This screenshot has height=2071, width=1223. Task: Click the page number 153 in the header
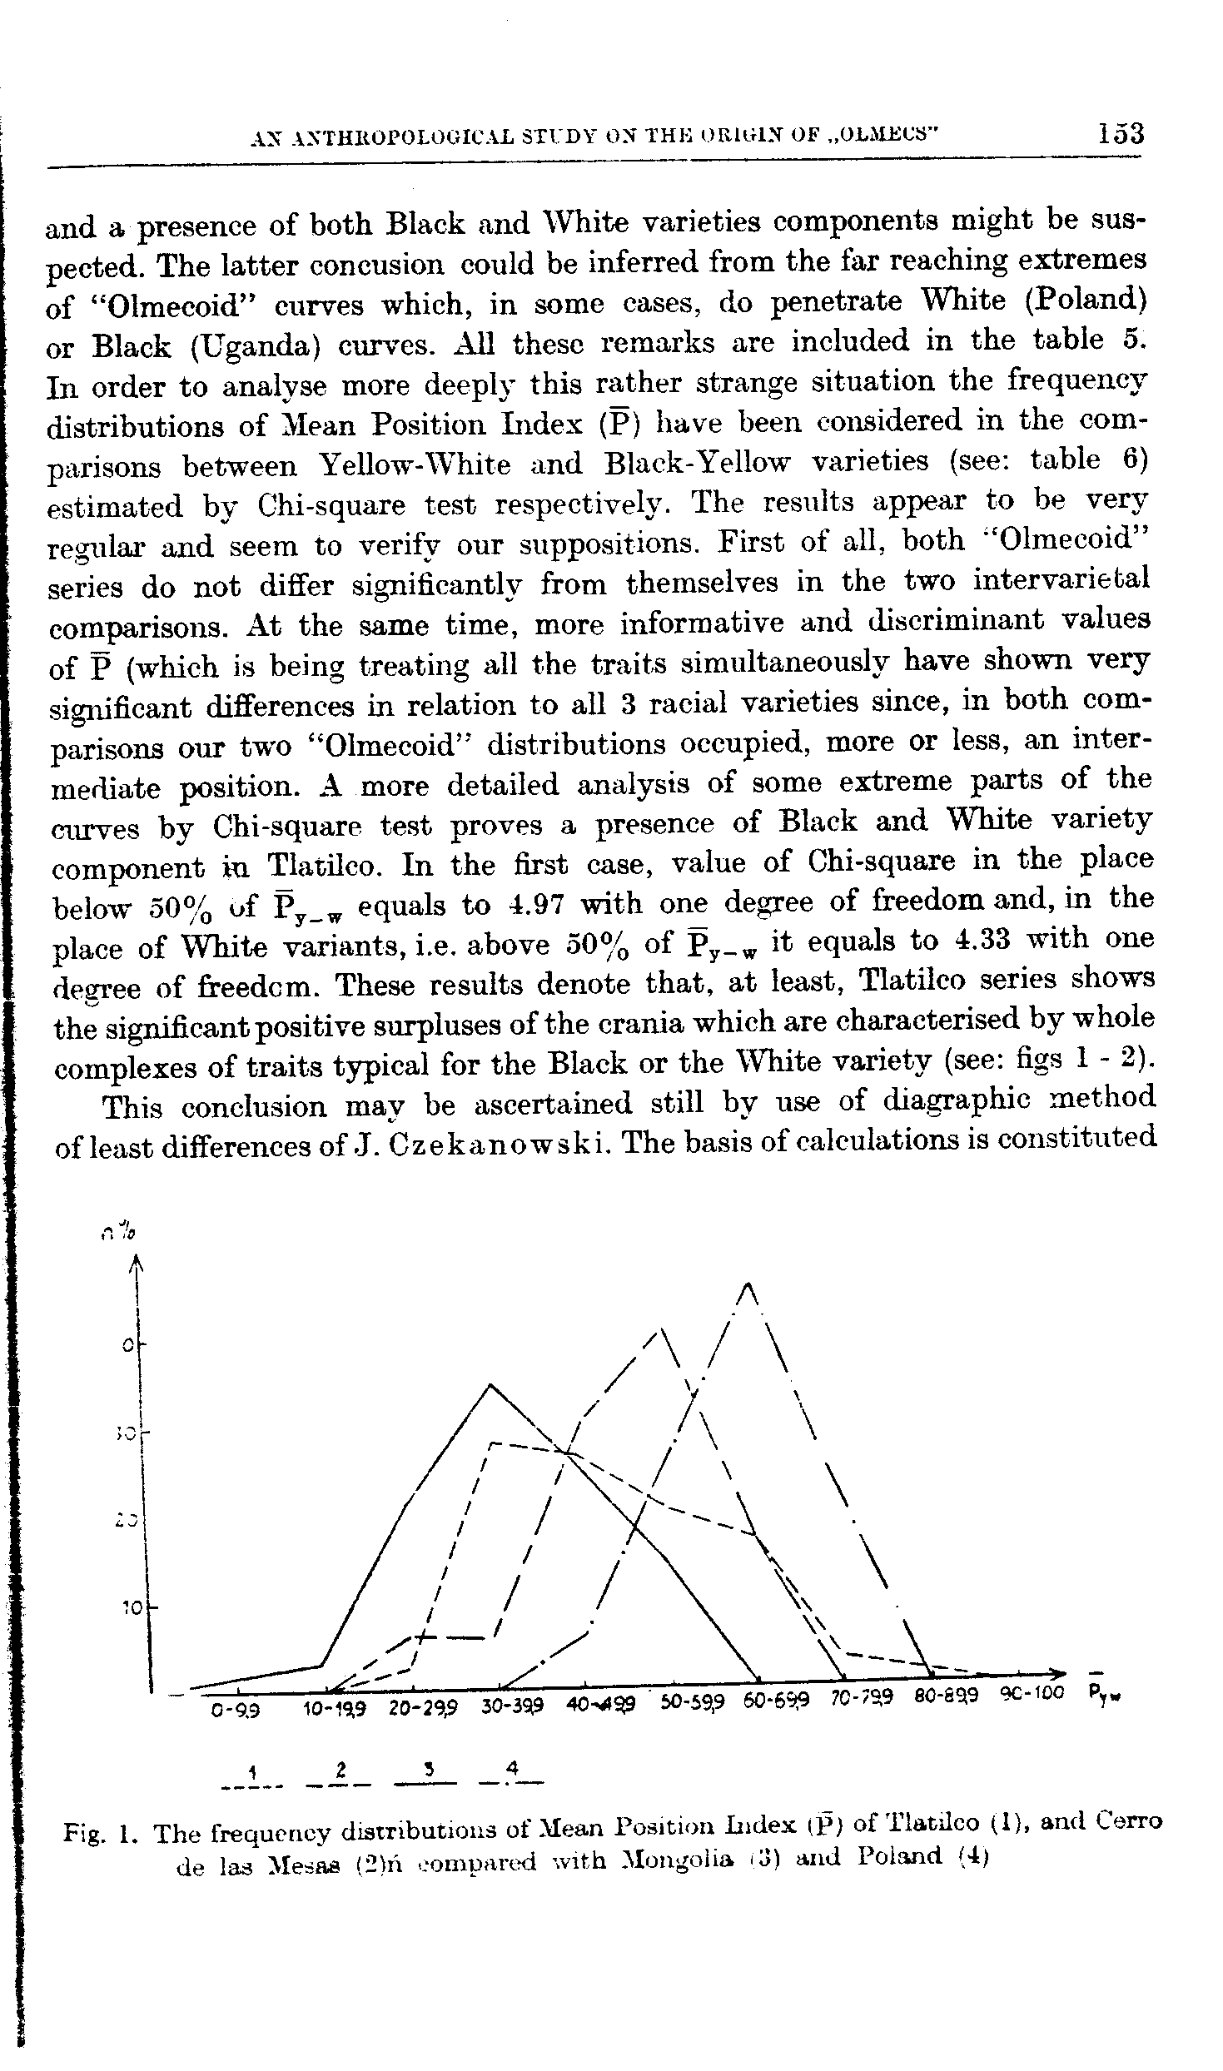(x=1121, y=134)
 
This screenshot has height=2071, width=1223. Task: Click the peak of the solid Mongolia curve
(x=491, y=1385)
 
